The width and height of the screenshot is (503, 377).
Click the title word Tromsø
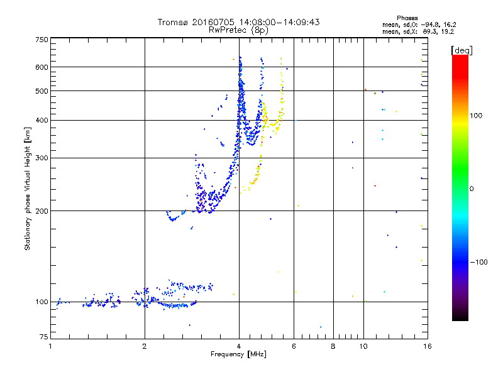172,22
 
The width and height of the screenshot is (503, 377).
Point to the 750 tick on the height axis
41,40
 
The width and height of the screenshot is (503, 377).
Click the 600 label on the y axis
41,67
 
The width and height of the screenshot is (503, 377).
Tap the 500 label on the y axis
41,90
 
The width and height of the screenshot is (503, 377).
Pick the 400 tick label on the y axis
41,120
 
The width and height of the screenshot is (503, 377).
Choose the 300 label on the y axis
41,158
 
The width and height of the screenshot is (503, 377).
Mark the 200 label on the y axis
41,210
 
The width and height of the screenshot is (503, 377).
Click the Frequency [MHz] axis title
238,355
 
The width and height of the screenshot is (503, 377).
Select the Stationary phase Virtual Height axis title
28,189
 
